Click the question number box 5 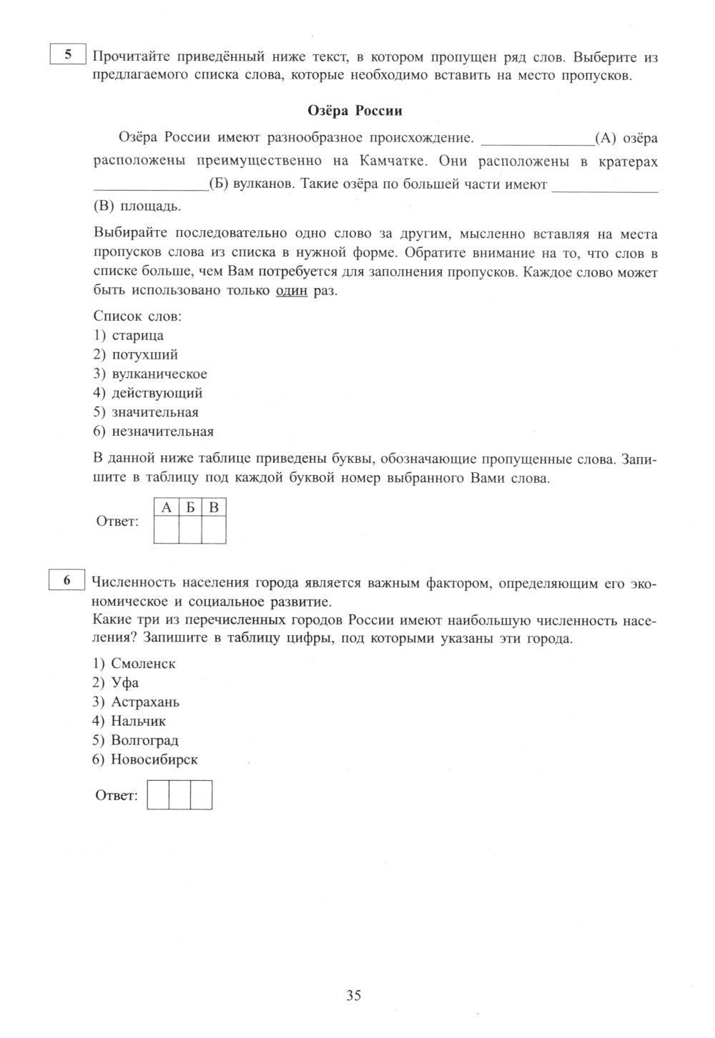click(68, 55)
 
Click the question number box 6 click(68, 580)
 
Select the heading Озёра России click(355, 111)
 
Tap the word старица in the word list click(138, 335)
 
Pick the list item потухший click(145, 354)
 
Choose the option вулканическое click(159, 374)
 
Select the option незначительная click(162, 431)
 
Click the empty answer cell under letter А click(167, 529)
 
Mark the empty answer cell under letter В click(214, 529)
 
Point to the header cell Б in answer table click(190, 508)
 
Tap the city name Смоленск click(143, 664)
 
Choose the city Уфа click(125, 683)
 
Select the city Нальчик click(139, 722)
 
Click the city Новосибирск click(154, 760)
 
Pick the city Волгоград click(145, 741)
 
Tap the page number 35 click(354, 995)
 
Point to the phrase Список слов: click(137, 316)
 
